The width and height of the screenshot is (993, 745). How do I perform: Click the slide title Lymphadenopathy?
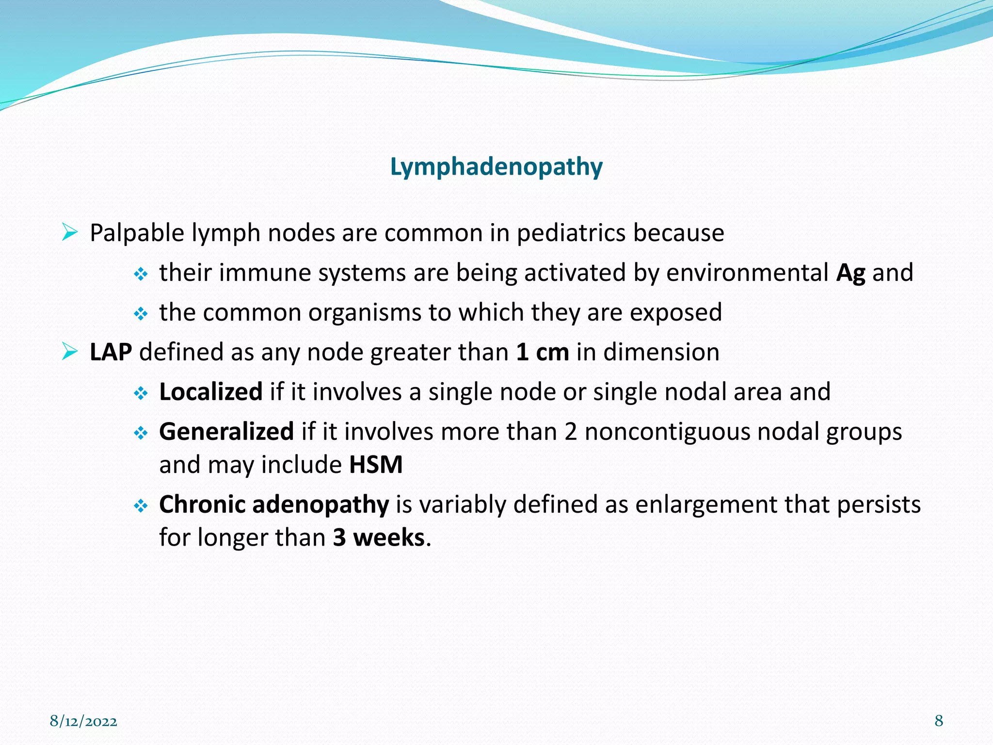coord(496,167)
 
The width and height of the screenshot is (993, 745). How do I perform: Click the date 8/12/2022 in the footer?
coord(83,721)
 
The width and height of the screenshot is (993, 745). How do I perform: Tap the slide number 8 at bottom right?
coord(939,720)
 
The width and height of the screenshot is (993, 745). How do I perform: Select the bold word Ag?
coord(850,273)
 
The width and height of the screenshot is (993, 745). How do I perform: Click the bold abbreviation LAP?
coord(111,352)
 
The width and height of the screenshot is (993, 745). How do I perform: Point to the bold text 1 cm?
coord(542,352)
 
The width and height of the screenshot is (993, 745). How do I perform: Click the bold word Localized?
coord(211,392)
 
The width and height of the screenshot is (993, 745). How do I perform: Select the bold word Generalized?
coord(226,432)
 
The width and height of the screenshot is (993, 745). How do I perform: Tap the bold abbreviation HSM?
coord(376,465)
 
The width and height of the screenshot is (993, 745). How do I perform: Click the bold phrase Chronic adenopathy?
coord(274,504)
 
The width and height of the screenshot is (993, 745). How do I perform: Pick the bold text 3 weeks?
coord(379,538)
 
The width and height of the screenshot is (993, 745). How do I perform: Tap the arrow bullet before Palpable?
coord(70,232)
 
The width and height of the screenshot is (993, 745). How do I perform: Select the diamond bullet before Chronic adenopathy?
coord(141,506)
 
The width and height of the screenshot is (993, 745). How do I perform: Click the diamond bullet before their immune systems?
coord(141,275)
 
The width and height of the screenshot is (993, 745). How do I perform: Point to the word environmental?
coord(747,273)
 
